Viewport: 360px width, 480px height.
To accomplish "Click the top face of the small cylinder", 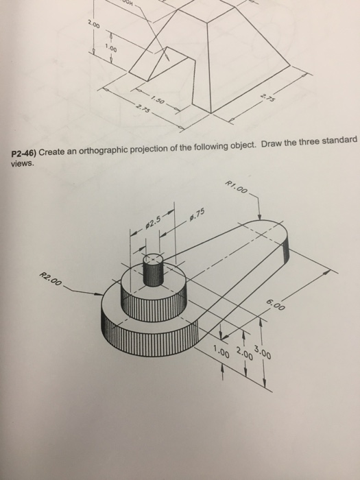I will tap(153, 259).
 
